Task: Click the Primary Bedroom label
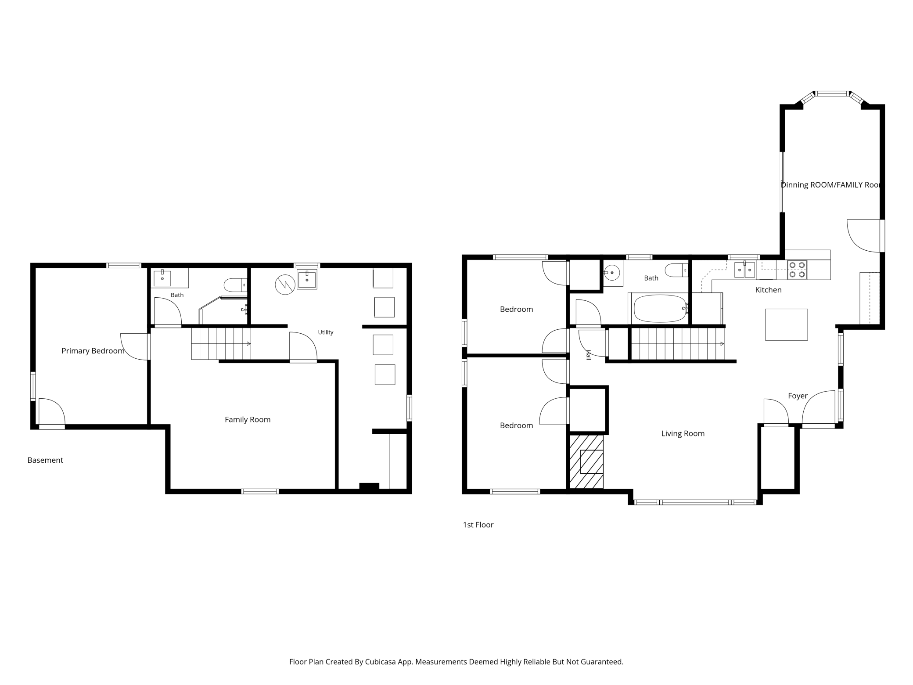(93, 351)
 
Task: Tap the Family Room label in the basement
(248, 420)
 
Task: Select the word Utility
(326, 332)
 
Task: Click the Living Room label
(683, 434)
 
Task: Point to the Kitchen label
(768, 290)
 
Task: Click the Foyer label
(798, 396)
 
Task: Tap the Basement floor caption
(45, 460)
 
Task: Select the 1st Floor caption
(478, 525)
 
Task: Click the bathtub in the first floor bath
(660, 308)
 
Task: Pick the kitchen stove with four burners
(797, 270)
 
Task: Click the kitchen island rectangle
(786, 324)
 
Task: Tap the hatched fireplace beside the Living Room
(586, 461)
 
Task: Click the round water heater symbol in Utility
(285, 285)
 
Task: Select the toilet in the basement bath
(235, 285)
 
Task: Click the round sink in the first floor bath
(611, 273)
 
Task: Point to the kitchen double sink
(745, 270)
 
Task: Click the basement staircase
(221, 344)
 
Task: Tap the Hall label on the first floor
(589, 355)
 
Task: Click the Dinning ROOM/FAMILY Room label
(831, 185)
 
